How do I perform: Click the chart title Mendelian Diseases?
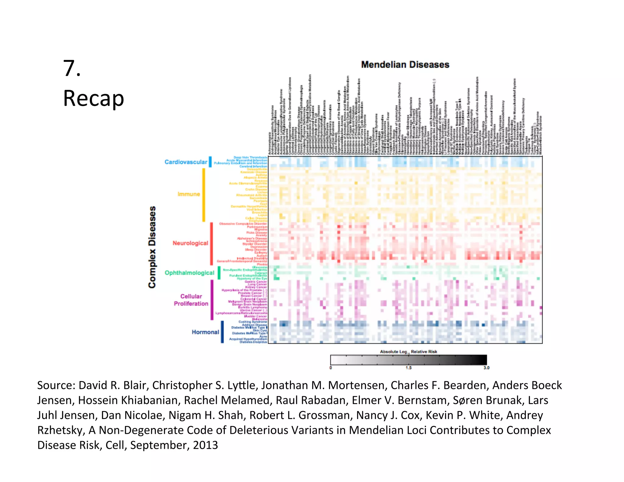[405, 65]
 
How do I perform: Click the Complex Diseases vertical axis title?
[152, 247]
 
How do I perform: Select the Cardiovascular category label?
[186, 162]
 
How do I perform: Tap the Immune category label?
[189, 194]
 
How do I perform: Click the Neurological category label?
[190, 243]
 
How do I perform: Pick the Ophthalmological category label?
[189, 273]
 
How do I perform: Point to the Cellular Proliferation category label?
[191, 300]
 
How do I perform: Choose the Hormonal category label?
[205, 332]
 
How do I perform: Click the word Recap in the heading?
[93, 98]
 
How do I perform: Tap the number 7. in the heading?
[72, 68]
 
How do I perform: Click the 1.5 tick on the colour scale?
[408, 368]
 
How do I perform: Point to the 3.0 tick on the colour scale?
[486, 368]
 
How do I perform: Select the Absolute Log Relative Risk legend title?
[408, 352]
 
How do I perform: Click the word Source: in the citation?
[56, 385]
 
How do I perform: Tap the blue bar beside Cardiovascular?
[210, 162]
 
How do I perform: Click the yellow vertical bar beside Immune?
[204, 195]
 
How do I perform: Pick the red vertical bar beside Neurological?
[211, 244]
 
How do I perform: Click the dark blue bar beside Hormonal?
[222, 332]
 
